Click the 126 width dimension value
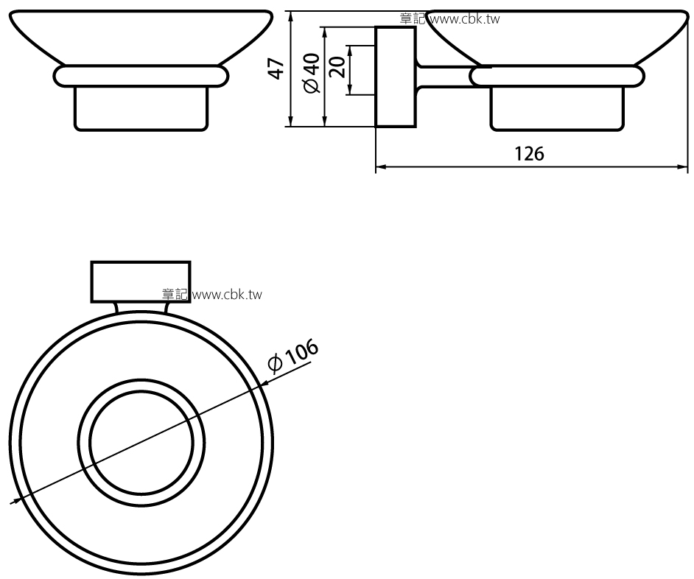(x=530, y=154)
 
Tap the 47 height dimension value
(x=277, y=69)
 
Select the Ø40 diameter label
(x=312, y=73)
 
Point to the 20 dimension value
(x=337, y=67)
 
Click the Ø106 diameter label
(x=293, y=356)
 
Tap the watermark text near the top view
(x=212, y=295)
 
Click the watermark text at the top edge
(x=449, y=19)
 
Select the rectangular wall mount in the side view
(x=396, y=77)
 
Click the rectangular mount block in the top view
(x=141, y=282)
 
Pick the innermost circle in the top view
(x=90, y=443)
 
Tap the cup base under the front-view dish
(x=141, y=109)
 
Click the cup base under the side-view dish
(x=557, y=109)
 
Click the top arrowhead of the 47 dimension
(x=291, y=17)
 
